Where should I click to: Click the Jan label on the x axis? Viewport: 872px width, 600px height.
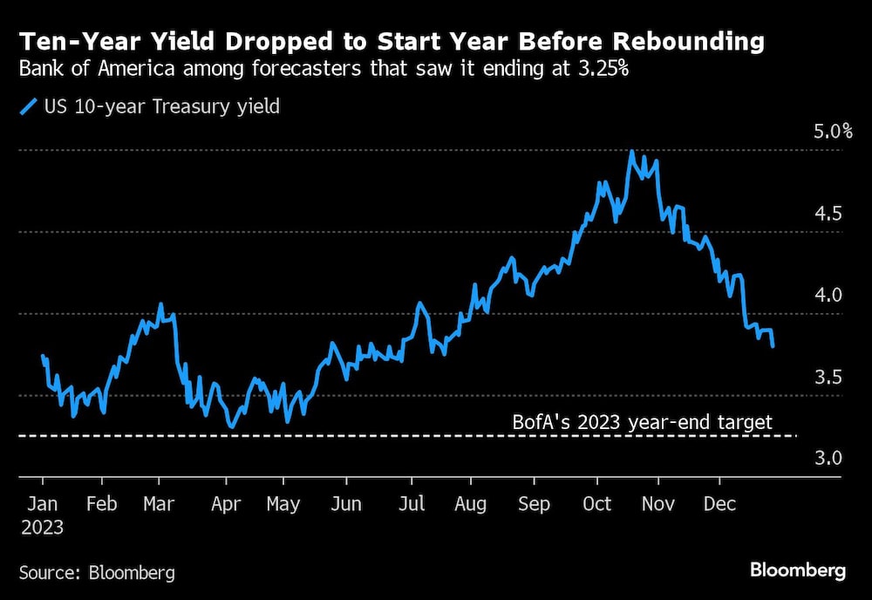(43, 504)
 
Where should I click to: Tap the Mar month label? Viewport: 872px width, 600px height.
(159, 504)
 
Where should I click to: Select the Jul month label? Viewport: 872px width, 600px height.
(411, 504)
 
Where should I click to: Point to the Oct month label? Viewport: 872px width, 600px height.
(597, 504)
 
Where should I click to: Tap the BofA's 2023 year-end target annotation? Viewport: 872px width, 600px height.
(642, 423)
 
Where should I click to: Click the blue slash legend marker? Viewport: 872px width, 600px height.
(28, 107)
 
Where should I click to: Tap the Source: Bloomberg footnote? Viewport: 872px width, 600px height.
(97, 572)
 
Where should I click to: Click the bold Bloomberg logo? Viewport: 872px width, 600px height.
(798, 571)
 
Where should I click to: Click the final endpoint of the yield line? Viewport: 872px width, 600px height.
(773, 346)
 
